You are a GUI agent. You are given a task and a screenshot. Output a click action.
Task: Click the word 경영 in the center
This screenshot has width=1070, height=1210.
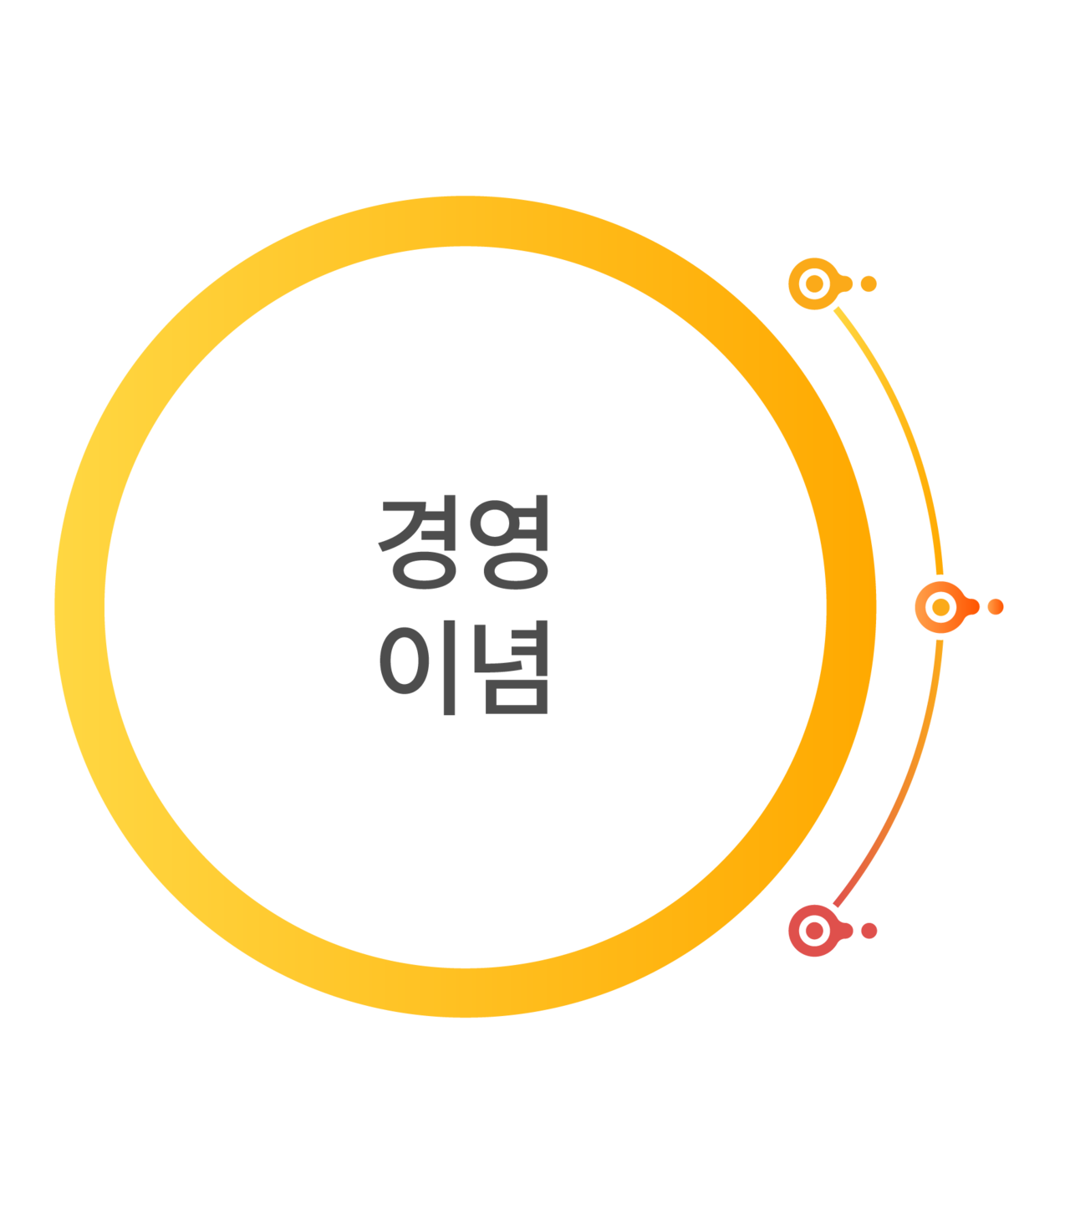click(465, 542)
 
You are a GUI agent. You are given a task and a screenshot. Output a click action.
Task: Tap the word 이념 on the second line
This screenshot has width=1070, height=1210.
click(465, 667)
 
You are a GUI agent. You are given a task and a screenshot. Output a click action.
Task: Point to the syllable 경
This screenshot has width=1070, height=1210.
click(419, 542)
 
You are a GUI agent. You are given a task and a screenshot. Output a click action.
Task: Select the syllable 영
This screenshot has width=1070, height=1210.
click(509, 542)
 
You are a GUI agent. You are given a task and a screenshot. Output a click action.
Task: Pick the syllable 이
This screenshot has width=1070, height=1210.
click(419, 667)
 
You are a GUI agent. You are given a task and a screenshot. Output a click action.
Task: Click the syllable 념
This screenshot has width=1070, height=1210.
click(510, 667)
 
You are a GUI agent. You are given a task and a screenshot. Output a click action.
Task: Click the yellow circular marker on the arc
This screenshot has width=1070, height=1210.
click(814, 283)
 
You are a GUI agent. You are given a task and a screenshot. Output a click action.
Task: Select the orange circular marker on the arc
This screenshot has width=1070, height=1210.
click(941, 607)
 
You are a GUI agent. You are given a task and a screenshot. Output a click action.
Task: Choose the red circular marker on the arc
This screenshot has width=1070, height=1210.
click(814, 931)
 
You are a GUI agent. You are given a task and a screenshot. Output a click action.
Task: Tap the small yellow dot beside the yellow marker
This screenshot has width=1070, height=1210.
click(869, 283)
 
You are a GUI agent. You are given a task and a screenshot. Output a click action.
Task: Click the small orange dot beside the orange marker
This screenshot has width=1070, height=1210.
click(996, 607)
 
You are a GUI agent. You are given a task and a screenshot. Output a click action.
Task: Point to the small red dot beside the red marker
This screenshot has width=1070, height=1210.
click(869, 931)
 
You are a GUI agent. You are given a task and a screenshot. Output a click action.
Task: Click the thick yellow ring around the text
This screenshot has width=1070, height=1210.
click(80, 607)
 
